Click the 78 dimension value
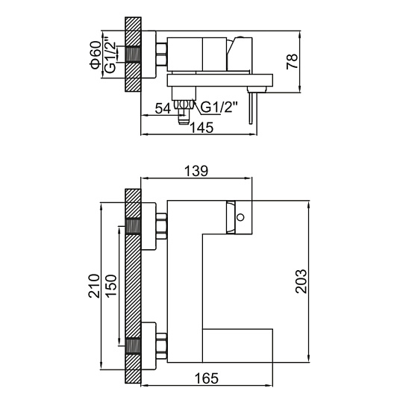(293, 61)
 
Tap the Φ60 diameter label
(95, 54)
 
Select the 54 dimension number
(163, 109)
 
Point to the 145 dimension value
(201, 128)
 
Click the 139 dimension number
(196, 171)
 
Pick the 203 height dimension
(301, 281)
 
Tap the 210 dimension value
(94, 286)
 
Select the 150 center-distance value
(111, 286)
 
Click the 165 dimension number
(207, 378)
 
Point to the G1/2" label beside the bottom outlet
(219, 107)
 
